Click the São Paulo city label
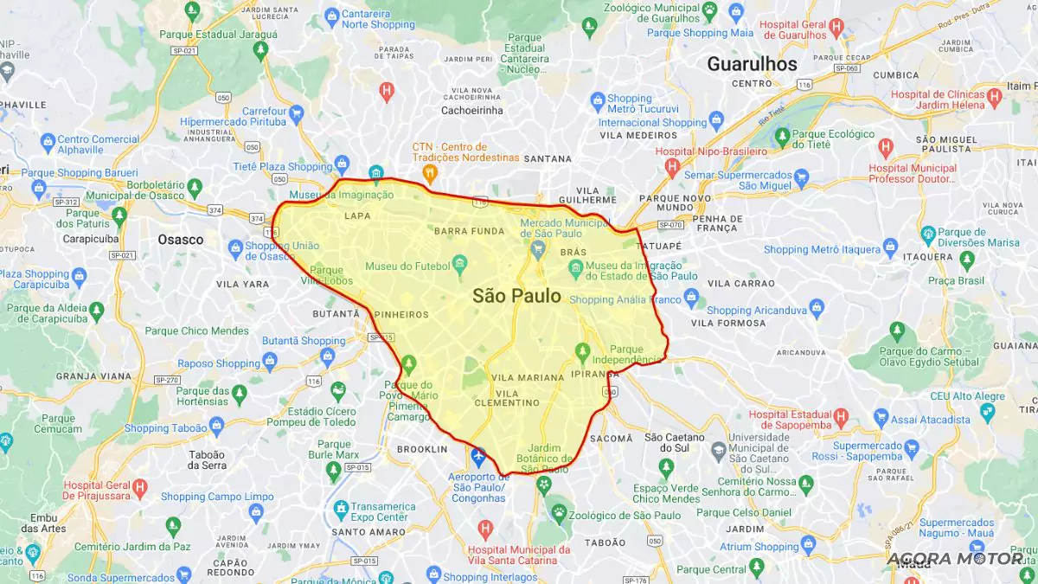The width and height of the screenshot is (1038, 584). [516, 296]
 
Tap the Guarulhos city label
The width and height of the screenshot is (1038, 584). [752, 64]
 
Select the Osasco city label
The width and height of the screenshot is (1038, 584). [181, 240]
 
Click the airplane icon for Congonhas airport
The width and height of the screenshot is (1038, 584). [478, 455]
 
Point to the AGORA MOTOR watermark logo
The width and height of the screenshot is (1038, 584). [955, 559]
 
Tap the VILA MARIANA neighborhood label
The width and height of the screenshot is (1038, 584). [527, 378]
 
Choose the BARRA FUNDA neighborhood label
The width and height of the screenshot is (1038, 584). [470, 231]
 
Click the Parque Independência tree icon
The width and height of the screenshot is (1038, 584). [583, 350]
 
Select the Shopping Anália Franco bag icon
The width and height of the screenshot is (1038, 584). [690, 298]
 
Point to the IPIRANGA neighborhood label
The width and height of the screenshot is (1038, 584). [595, 375]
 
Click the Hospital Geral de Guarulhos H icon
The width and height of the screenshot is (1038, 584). [836, 27]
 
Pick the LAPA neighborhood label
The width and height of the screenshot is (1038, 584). [357, 216]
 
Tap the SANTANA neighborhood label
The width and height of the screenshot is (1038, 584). [548, 159]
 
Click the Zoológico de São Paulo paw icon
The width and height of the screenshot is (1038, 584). [560, 514]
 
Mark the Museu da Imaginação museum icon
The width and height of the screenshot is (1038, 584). [376, 172]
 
